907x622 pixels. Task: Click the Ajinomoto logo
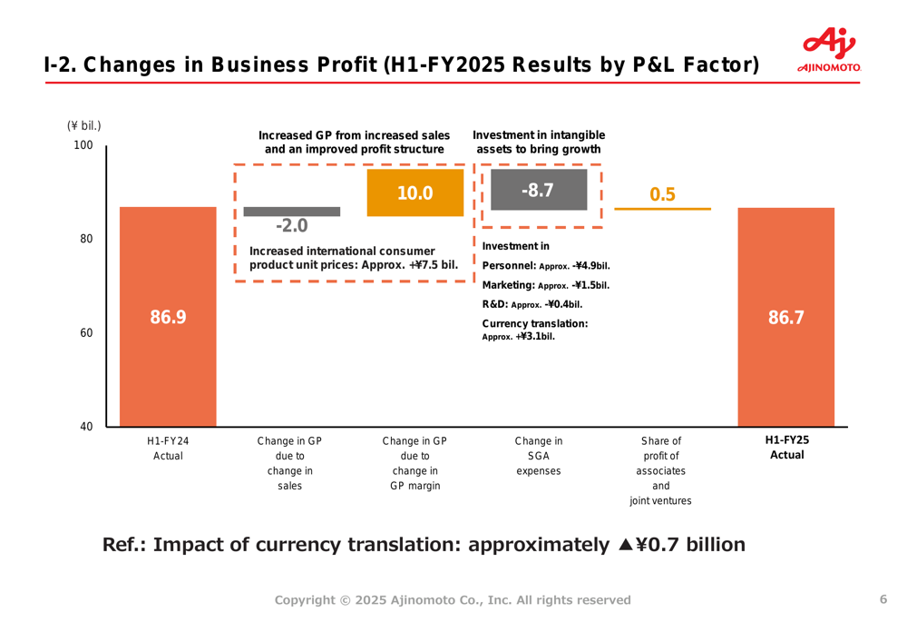pos(829,50)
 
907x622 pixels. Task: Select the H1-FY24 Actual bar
pos(168,317)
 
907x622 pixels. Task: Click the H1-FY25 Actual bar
pos(785,317)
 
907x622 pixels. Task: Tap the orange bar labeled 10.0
pos(414,193)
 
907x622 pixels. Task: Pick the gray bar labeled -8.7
pos(538,190)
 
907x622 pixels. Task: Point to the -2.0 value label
pos(292,225)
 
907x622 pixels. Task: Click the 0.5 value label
pos(663,194)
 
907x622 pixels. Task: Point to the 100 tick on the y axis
pos(83,145)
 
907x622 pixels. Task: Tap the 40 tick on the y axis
pos(85,427)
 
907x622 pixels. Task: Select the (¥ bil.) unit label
pos(83,125)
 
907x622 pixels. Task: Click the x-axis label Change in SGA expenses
pos(538,456)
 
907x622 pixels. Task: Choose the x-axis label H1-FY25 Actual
pos(786,448)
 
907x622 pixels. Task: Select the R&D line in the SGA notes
pos(532,304)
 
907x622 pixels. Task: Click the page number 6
pos(883,598)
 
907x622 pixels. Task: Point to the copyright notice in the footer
pos(453,599)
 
